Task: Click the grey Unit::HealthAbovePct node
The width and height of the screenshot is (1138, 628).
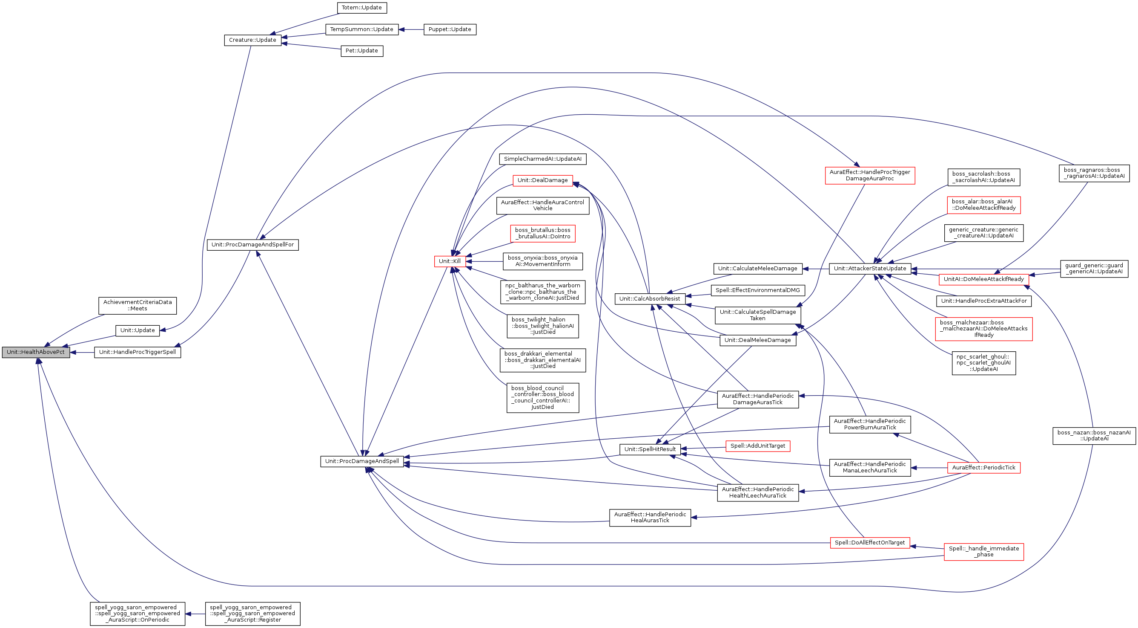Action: (36, 353)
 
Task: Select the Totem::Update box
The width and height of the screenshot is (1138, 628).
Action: (362, 8)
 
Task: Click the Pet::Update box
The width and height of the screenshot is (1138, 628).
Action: (362, 51)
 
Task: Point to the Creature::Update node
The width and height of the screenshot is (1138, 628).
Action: (253, 40)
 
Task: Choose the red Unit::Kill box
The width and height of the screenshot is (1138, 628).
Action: (450, 261)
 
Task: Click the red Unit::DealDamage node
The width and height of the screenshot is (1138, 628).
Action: (542, 180)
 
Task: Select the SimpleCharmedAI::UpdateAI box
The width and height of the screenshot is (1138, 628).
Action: (542, 159)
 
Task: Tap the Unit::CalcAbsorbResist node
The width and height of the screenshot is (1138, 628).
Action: (649, 299)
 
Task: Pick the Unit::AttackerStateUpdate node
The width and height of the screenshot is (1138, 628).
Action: (870, 269)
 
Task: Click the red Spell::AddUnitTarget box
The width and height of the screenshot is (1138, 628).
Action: (758, 446)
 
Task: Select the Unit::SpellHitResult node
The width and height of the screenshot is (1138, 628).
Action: (650, 449)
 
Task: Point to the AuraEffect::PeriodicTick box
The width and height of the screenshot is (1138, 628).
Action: (983, 467)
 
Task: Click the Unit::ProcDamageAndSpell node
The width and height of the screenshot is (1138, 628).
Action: (362, 461)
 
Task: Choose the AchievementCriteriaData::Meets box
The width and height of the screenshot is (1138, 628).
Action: (138, 306)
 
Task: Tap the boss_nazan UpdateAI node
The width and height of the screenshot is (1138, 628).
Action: (1094, 436)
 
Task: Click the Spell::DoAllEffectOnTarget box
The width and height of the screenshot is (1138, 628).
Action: (869, 543)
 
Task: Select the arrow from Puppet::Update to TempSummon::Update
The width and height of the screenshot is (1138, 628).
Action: (411, 30)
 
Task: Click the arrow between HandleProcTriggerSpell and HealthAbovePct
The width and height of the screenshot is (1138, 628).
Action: (82, 353)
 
